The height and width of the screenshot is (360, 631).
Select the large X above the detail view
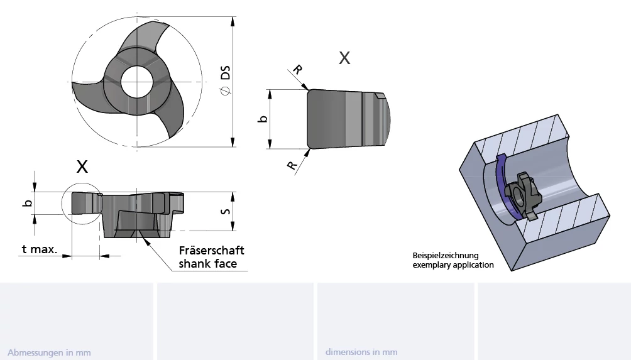pyautogui.click(x=344, y=58)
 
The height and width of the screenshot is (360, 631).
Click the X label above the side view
pyautogui.click(x=82, y=166)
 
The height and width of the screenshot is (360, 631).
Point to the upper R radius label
pyautogui.click(x=297, y=70)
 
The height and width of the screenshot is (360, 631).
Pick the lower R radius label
pyautogui.click(x=292, y=165)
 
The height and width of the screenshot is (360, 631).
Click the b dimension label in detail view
pyautogui.click(x=264, y=119)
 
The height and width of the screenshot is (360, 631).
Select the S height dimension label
pyautogui.click(x=225, y=210)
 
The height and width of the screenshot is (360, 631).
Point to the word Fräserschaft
pyautogui.click(x=211, y=251)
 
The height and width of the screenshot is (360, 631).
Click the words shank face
pyautogui.click(x=207, y=264)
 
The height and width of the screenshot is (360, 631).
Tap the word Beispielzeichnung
pyautogui.click(x=445, y=256)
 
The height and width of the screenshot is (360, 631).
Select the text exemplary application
pyautogui.click(x=453, y=265)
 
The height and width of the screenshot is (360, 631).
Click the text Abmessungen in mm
pyautogui.click(x=49, y=352)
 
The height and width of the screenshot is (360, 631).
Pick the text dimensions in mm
pyautogui.click(x=361, y=352)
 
